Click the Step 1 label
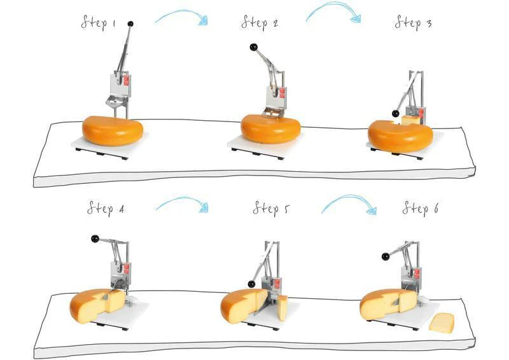coord(99,22)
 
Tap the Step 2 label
coord(260,22)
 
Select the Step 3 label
coord(413,22)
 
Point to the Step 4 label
coord(106,209)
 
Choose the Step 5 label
coord(271,209)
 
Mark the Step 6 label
coord(421,209)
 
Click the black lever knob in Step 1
coord(130,24)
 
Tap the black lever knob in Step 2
coord(253,48)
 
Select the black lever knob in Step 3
coord(395,114)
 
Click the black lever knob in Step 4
coord(95,239)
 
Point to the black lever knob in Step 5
coord(251,284)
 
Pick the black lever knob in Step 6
coord(386,256)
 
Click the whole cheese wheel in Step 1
coord(113,130)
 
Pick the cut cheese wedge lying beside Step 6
coord(442,322)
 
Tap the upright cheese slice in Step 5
coord(282,308)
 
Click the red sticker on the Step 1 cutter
coord(126,80)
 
